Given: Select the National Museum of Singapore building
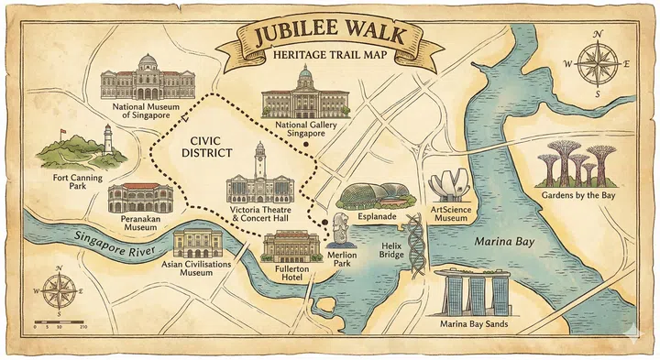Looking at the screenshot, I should [148, 79].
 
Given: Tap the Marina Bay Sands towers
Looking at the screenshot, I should [476, 293].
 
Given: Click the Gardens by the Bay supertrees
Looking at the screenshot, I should [568, 165].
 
